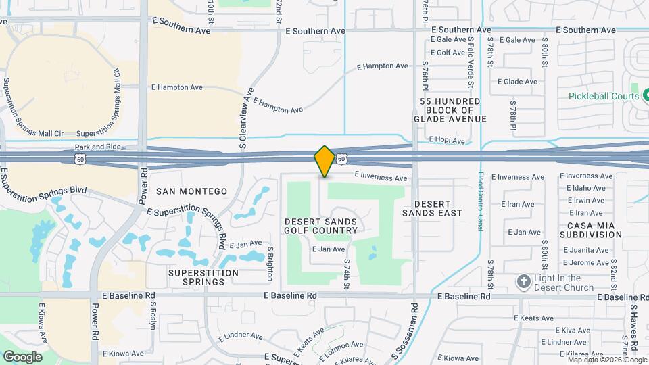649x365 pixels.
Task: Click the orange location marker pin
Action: point(324,161)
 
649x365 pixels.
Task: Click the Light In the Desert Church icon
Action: point(522,281)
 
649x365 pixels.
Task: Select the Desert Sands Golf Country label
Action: point(321,226)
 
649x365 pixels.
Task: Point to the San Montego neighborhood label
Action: point(191,191)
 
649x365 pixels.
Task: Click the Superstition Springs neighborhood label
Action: point(203,277)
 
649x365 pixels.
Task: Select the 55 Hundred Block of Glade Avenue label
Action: point(453,110)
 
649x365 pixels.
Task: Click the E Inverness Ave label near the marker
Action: point(381,178)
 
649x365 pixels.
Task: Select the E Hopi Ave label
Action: point(447,141)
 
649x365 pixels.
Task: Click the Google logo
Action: point(22,356)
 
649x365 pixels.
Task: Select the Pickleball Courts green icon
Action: point(635,89)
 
